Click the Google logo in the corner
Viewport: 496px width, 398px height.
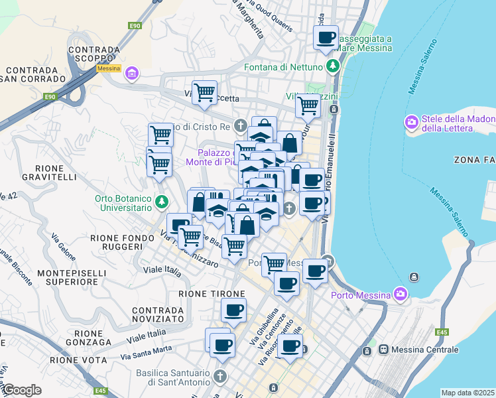point(21,390)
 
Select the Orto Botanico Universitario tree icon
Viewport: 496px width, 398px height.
point(160,200)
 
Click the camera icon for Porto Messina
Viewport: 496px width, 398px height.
point(400,293)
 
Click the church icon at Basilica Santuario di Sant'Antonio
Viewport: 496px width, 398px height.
point(219,376)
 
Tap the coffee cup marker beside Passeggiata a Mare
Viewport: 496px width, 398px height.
point(326,38)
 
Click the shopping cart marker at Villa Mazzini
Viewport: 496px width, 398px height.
point(308,105)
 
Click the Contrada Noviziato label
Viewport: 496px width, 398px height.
point(158,314)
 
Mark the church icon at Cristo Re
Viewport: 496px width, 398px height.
point(239,125)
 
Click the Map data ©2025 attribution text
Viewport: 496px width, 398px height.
point(467,393)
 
